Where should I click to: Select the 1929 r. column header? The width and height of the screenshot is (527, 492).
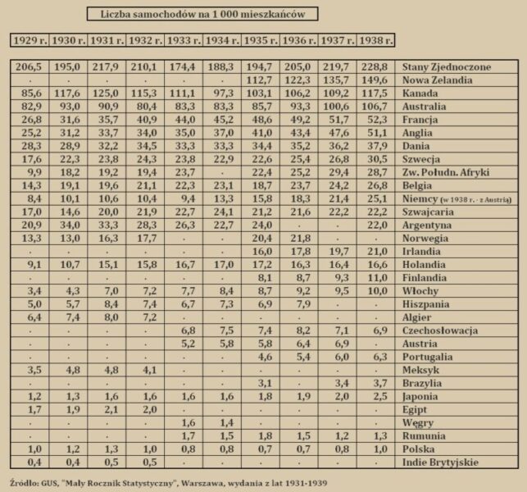click(x=30, y=40)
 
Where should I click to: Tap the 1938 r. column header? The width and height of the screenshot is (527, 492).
click(x=375, y=40)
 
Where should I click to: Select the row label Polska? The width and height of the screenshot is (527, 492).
click(x=420, y=449)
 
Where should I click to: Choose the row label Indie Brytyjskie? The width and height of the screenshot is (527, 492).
click(x=440, y=462)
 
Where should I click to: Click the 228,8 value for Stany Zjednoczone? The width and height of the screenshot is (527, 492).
click(x=376, y=67)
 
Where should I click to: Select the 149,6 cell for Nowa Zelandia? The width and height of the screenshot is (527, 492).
click(x=376, y=80)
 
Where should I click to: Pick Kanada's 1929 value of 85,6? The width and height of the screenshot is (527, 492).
click(x=28, y=93)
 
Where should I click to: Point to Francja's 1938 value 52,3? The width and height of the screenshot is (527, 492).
click(x=376, y=120)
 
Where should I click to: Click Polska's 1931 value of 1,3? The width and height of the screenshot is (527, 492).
click(x=106, y=449)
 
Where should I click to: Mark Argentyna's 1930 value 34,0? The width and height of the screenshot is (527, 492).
click(x=67, y=225)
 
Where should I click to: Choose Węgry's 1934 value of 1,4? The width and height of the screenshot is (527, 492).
click(x=223, y=422)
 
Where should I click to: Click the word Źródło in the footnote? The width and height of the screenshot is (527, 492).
click(x=25, y=481)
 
